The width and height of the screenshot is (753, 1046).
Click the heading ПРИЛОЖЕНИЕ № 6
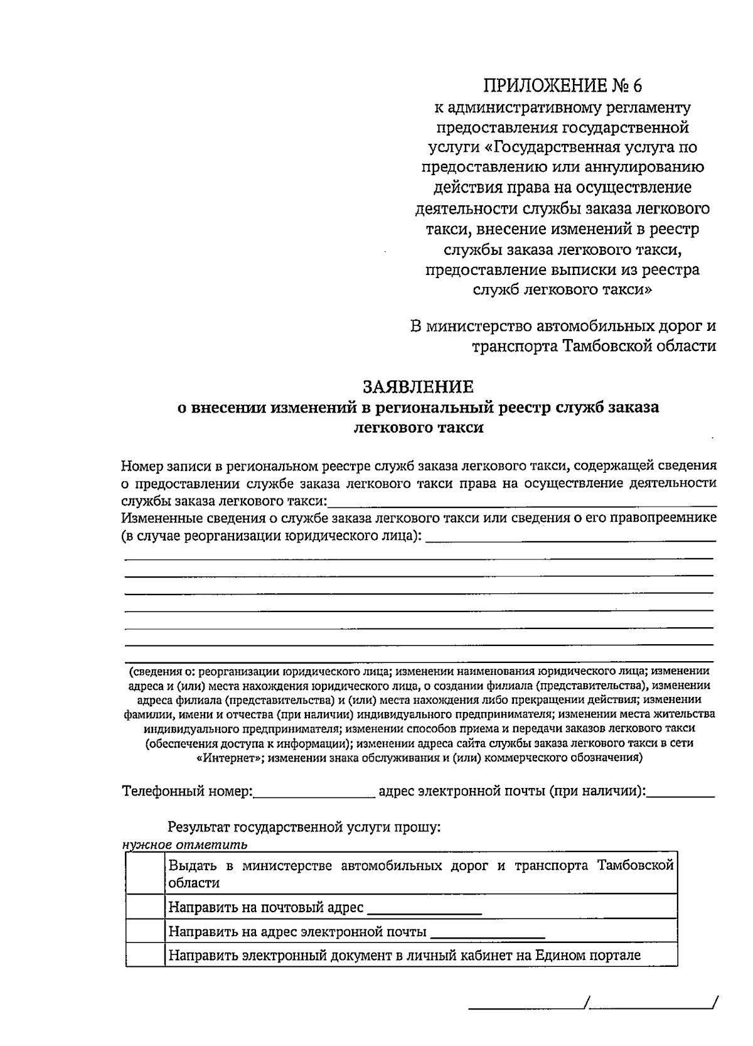(563, 85)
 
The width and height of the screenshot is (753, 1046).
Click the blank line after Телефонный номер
(314, 792)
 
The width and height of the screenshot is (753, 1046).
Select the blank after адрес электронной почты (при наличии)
(681, 792)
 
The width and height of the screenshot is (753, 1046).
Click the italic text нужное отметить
(185, 844)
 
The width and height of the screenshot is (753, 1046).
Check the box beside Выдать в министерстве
(145, 874)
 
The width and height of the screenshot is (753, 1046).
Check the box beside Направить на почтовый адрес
(145, 907)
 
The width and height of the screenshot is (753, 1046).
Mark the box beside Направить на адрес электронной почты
(145, 931)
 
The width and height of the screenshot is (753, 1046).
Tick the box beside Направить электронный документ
(145, 955)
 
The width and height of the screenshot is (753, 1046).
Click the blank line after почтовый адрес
(425, 910)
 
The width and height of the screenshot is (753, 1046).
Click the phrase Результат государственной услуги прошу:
(304, 828)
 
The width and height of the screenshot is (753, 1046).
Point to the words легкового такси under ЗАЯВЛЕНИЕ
(419, 428)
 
